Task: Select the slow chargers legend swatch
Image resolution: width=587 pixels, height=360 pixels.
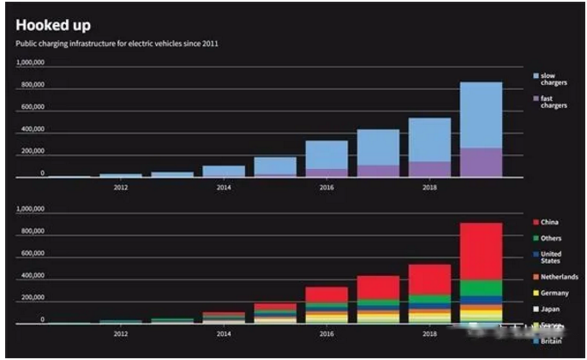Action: [x=535, y=76]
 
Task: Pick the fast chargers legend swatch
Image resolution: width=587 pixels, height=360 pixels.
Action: [x=535, y=99]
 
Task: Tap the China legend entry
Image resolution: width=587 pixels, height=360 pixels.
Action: [x=535, y=223]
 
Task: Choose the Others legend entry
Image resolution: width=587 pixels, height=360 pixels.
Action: [x=535, y=238]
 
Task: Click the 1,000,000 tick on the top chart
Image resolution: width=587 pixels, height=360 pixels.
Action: [x=30, y=63]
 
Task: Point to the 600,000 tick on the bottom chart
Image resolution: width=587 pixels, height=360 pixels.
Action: [x=32, y=253]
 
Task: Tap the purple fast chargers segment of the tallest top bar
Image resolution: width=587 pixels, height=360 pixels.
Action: [x=481, y=162]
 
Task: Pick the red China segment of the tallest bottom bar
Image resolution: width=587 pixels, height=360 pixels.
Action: [x=481, y=251]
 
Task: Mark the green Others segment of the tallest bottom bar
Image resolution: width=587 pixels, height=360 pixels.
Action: [x=481, y=288]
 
